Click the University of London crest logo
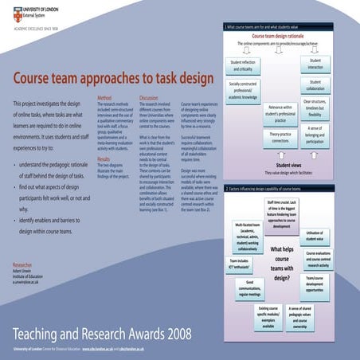tap(8, 10)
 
